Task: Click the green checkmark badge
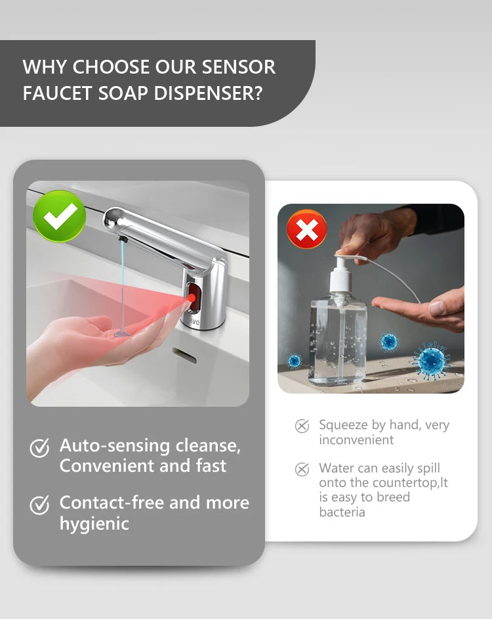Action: point(59,216)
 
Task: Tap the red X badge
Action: point(307,229)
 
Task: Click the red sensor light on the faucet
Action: point(192,298)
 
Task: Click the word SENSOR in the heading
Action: point(239,67)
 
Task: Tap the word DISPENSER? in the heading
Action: point(208,93)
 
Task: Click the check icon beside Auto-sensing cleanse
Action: point(39,447)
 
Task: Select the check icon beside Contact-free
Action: point(39,505)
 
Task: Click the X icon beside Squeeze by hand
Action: point(302,426)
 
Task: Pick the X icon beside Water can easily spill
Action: point(302,469)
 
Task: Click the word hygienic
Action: point(94,524)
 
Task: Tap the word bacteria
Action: point(342,512)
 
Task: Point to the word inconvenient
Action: point(356,440)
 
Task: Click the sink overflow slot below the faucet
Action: point(184,355)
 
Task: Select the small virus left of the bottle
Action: point(295,361)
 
